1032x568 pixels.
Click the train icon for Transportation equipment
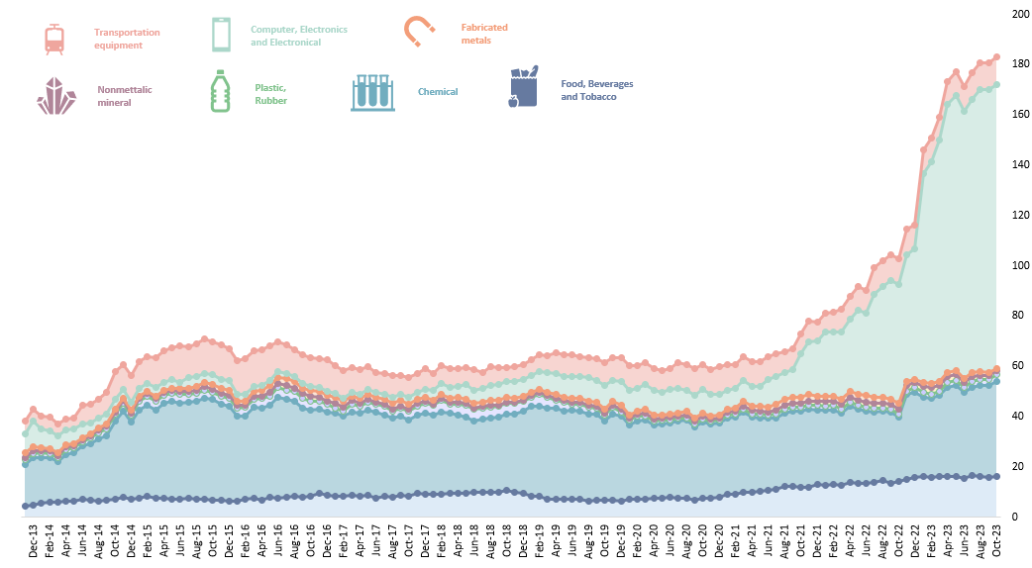point(55,39)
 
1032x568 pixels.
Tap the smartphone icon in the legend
point(221,35)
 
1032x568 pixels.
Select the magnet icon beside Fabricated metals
point(419,32)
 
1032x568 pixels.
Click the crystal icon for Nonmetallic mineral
point(56,96)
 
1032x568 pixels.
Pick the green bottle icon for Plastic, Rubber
point(220,90)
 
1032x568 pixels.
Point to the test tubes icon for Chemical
point(372,92)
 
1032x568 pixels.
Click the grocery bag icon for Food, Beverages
point(523,87)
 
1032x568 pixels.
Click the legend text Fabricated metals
point(483,34)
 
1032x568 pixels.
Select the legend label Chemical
point(438,92)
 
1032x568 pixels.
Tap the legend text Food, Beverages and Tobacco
point(596,90)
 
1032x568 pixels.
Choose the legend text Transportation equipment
point(127,39)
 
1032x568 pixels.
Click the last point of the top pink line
point(996,57)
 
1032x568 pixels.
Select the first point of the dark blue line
point(26,506)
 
